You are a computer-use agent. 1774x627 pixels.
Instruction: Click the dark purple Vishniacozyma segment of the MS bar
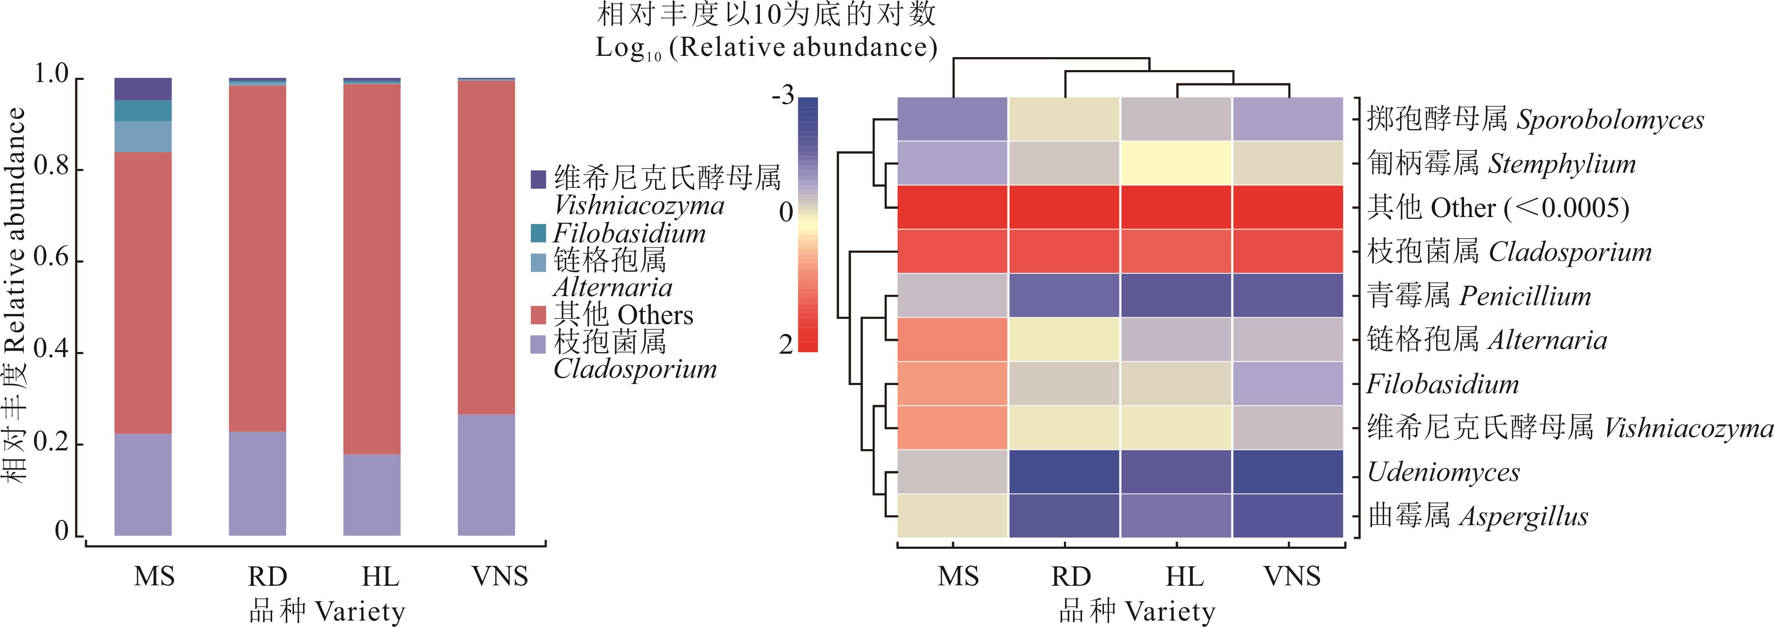click(143, 89)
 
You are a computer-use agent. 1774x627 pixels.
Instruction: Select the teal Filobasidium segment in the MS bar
click(143, 111)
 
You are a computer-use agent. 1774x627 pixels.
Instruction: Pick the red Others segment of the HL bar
click(372, 269)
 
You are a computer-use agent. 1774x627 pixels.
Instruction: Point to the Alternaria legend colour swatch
click(539, 262)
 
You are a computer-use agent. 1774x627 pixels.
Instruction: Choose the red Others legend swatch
click(539, 315)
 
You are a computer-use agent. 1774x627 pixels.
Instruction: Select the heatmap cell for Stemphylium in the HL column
click(1176, 163)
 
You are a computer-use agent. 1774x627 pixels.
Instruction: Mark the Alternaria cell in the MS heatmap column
click(953, 339)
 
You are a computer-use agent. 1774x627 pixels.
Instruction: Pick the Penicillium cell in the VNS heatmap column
click(1288, 295)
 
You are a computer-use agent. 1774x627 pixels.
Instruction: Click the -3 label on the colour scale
click(783, 96)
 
